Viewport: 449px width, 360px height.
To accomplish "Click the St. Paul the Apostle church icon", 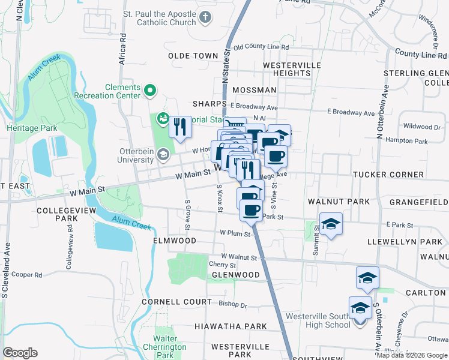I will [x=206, y=17].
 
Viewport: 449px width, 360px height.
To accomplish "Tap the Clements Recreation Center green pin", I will [x=149, y=91].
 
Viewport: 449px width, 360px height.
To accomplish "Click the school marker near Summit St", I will [x=330, y=224].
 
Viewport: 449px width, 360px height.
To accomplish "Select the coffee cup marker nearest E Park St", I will [x=251, y=211].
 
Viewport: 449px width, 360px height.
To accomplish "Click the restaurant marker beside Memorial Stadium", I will [x=179, y=127].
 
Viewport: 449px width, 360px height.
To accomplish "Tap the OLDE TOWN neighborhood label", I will [x=193, y=56].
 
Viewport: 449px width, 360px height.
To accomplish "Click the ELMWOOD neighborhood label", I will [x=174, y=241].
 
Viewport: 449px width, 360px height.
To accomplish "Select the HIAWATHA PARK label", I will [x=230, y=326].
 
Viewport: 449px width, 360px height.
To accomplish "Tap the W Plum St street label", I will [x=235, y=232].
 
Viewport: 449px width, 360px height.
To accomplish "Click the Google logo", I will [x=20, y=353].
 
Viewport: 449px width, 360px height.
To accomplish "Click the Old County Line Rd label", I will [x=261, y=47].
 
